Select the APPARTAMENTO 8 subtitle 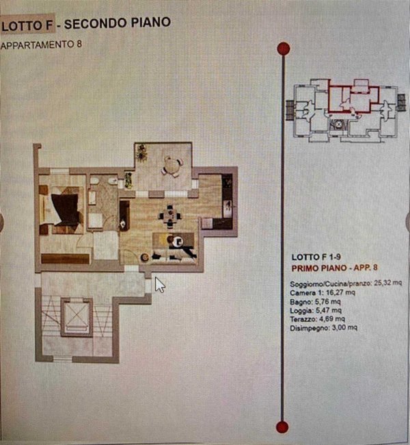[x=42, y=44]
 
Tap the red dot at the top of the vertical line [x=284, y=49]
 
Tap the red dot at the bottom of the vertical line [x=282, y=427]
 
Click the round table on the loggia [x=172, y=166]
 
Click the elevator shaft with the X [x=77, y=317]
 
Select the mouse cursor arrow [x=160, y=285]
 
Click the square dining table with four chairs [x=169, y=216]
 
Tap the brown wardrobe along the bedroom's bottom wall [x=66, y=259]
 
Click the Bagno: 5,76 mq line [x=316, y=301]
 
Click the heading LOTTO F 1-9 [x=316, y=257]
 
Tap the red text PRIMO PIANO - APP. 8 [x=335, y=268]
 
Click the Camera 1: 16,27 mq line [x=323, y=292]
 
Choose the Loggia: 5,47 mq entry [x=316, y=310]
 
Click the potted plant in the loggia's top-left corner [x=141, y=152]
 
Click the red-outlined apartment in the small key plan [x=353, y=99]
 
